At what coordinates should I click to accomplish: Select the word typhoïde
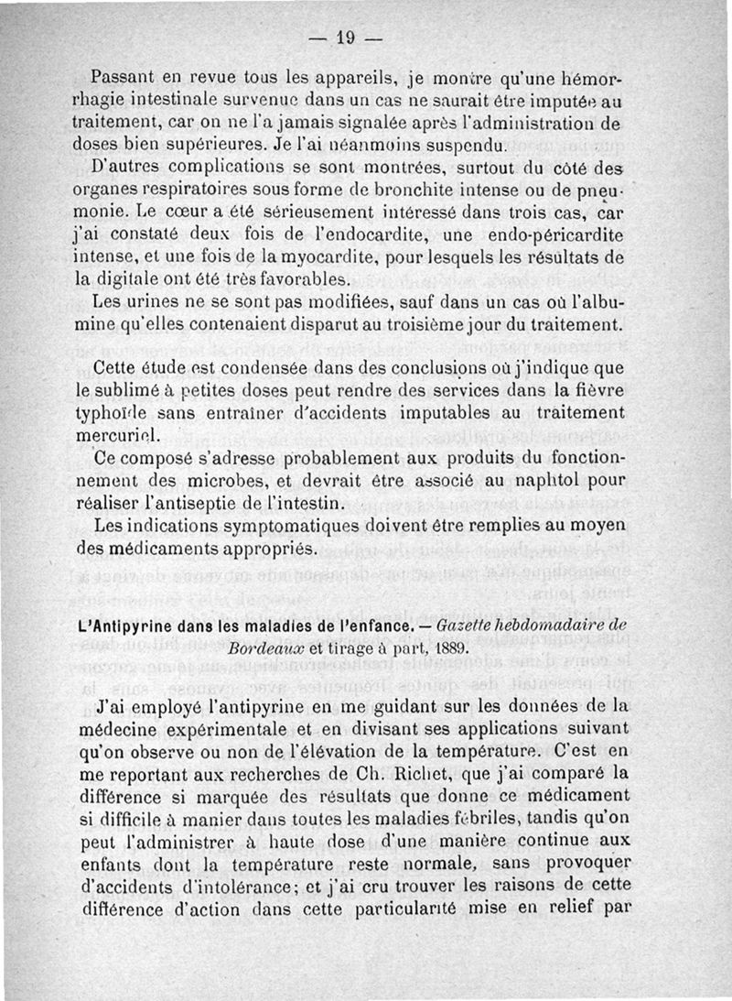[x=104, y=414]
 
